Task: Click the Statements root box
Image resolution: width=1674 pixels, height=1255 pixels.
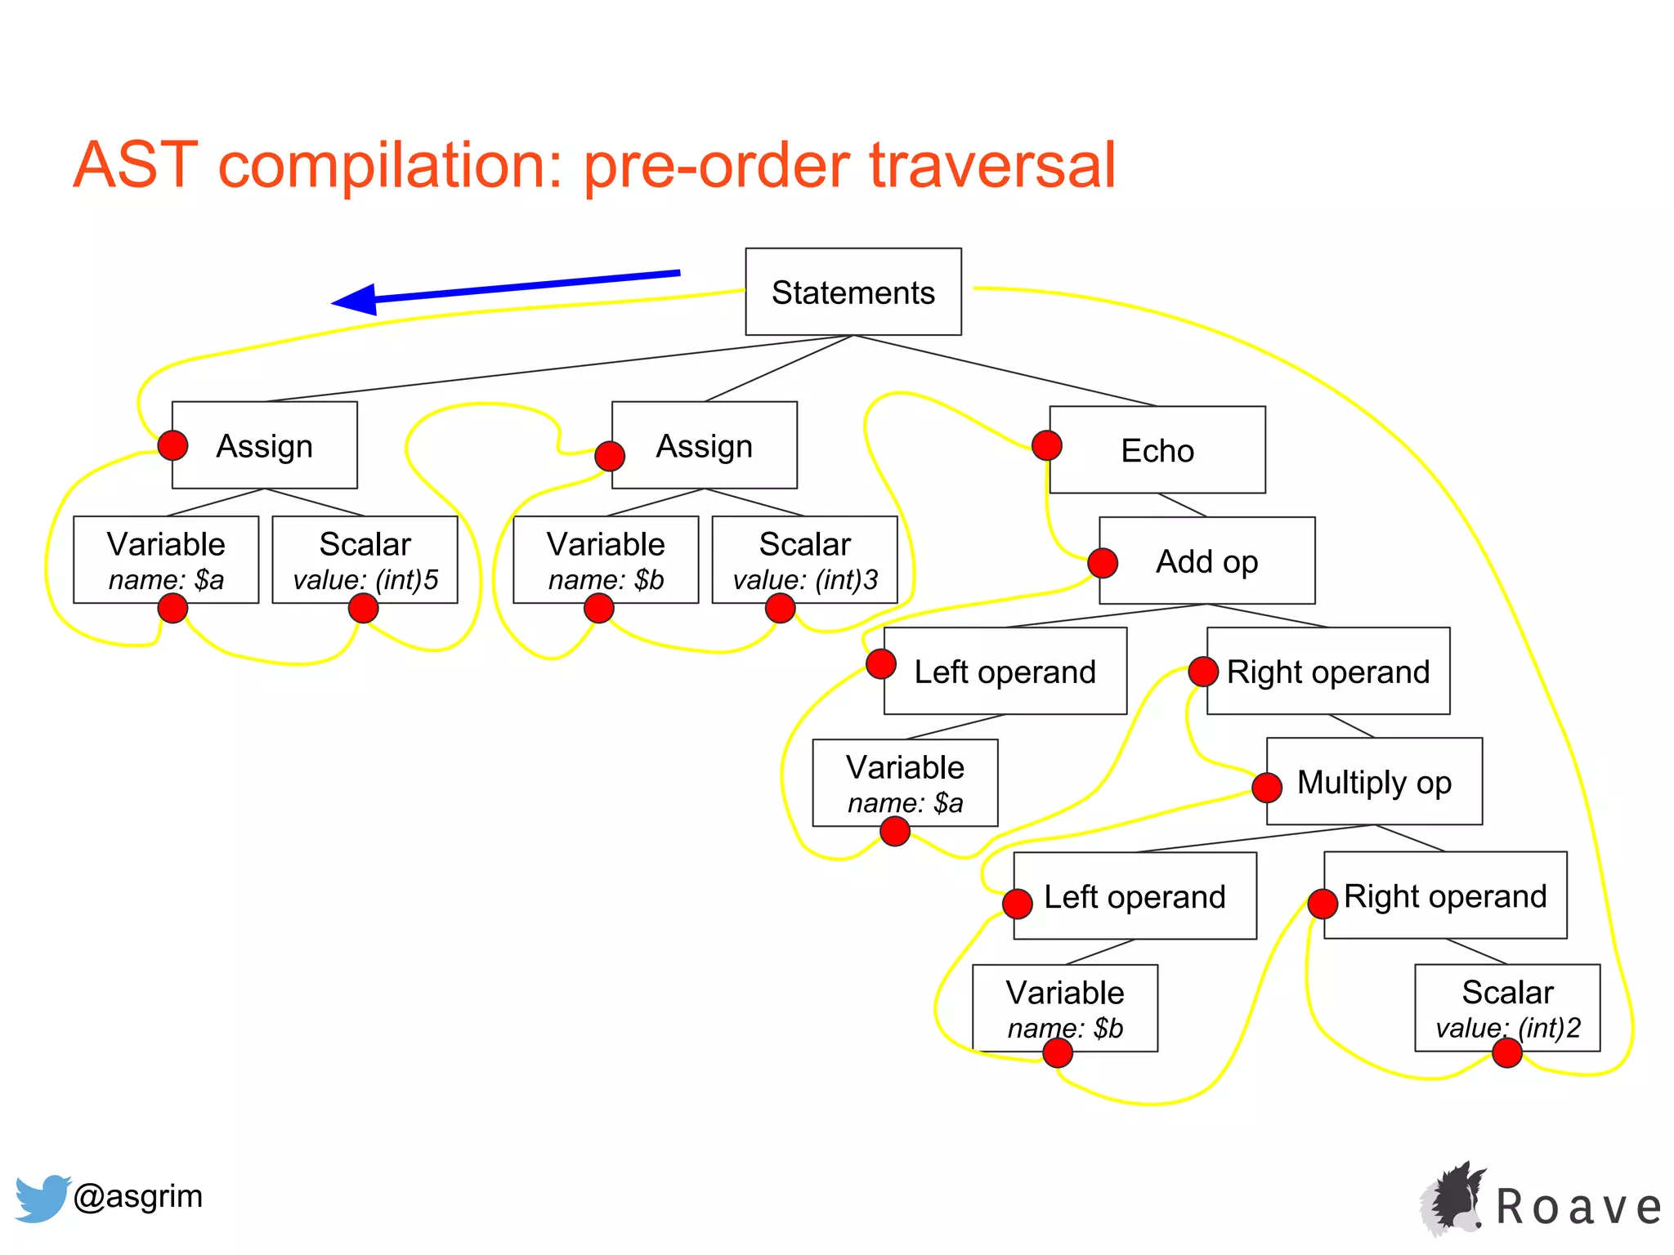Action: [x=853, y=292]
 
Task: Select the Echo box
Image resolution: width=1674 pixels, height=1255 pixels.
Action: [x=1157, y=450]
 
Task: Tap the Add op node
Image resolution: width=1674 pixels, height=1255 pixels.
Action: [x=1206, y=561]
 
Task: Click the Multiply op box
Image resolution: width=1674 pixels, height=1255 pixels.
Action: [x=1374, y=782]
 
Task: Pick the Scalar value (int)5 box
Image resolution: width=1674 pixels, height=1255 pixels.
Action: [x=365, y=560]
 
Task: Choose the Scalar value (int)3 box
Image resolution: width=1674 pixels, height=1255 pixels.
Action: [x=804, y=560]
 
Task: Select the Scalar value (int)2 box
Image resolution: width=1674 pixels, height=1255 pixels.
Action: [x=1507, y=1008]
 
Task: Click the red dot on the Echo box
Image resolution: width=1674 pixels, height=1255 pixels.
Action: [x=1046, y=445]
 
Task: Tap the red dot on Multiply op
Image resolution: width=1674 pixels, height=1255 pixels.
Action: [x=1266, y=788]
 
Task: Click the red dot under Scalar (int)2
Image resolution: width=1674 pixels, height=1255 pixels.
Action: [x=1506, y=1053]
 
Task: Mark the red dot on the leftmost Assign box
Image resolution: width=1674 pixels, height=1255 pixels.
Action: [x=172, y=445]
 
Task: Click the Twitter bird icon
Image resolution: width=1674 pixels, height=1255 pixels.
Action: [x=41, y=1198]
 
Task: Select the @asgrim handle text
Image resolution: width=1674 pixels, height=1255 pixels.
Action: [x=137, y=1196]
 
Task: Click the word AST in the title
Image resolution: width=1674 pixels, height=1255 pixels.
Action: [x=136, y=166]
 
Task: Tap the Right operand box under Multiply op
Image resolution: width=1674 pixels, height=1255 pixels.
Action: [x=1444, y=895]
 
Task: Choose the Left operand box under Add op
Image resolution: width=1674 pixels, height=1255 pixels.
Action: [x=1005, y=671]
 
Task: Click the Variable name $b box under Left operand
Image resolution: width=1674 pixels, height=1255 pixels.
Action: [x=1064, y=1008]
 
